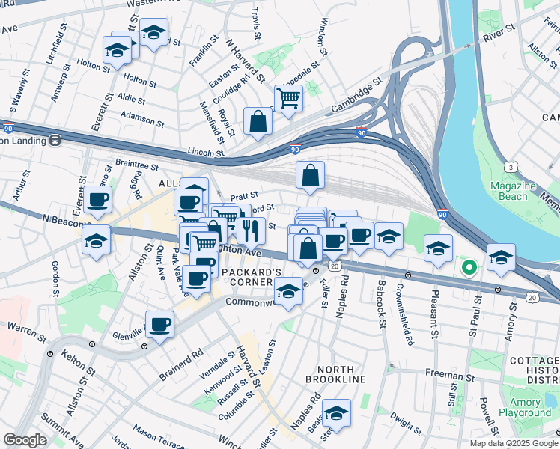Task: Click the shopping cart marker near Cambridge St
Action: [288, 97]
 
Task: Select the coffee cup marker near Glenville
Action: [159, 325]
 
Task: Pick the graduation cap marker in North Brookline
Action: [336, 413]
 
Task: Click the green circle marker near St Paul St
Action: [469, 266]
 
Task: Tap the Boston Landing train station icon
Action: [55, 140]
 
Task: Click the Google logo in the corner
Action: [25, 439]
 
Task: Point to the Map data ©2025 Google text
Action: [514, 443]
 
